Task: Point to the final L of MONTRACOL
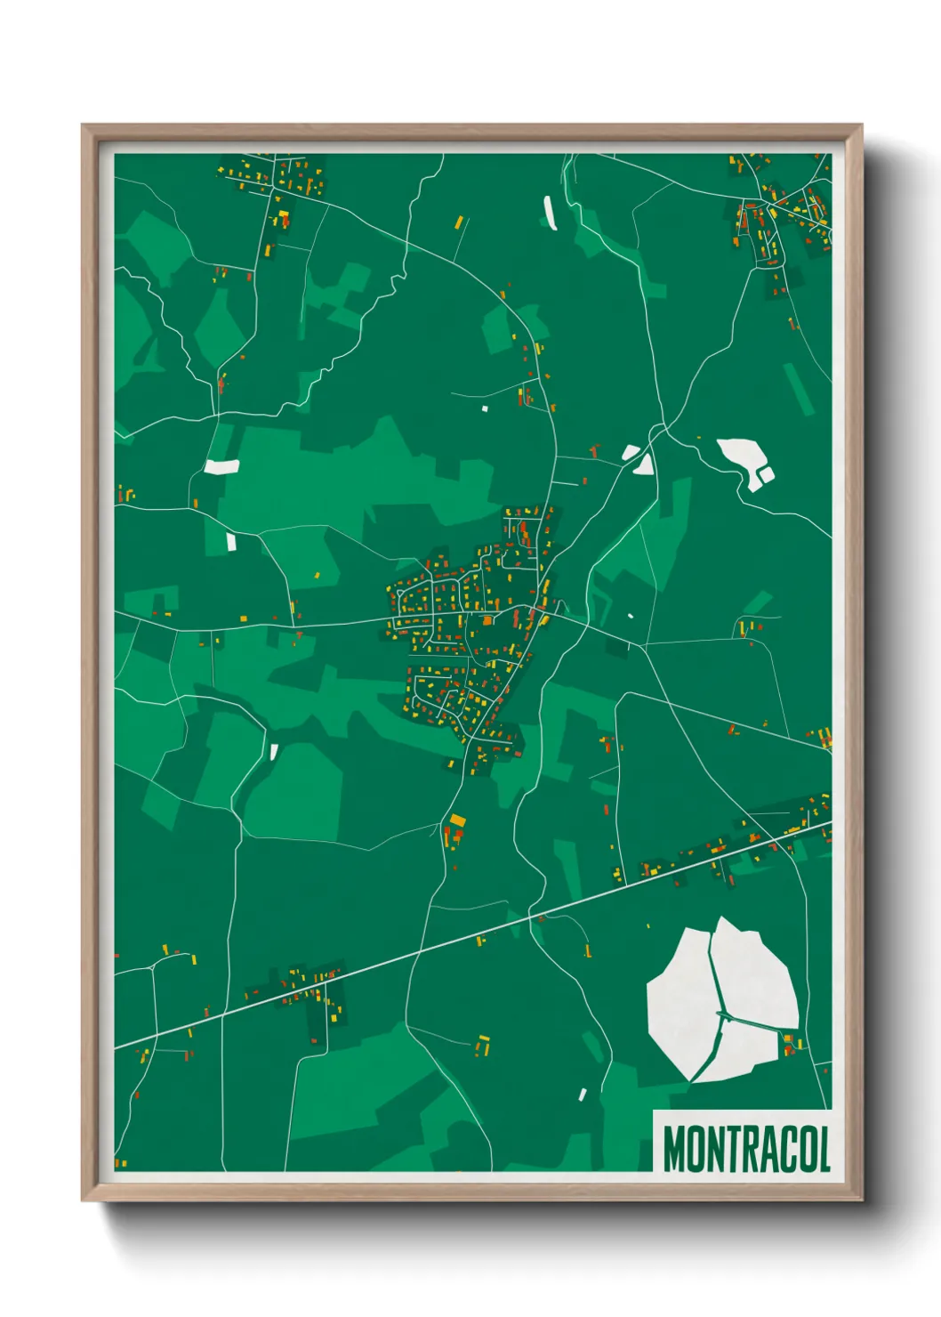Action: coord(824,1149)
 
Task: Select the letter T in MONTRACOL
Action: coord(728,1149)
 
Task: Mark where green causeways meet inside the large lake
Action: coord(721,1014)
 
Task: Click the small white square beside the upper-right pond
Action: coord(766,474)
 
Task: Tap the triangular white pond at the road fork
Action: coord(643,464)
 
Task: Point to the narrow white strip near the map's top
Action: coord(550,213)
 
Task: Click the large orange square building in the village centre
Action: coord(488,619)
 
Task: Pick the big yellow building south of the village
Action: coord(457,820)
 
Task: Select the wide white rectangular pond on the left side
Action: coord(221,465)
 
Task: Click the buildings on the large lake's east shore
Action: coord(790,1043)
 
